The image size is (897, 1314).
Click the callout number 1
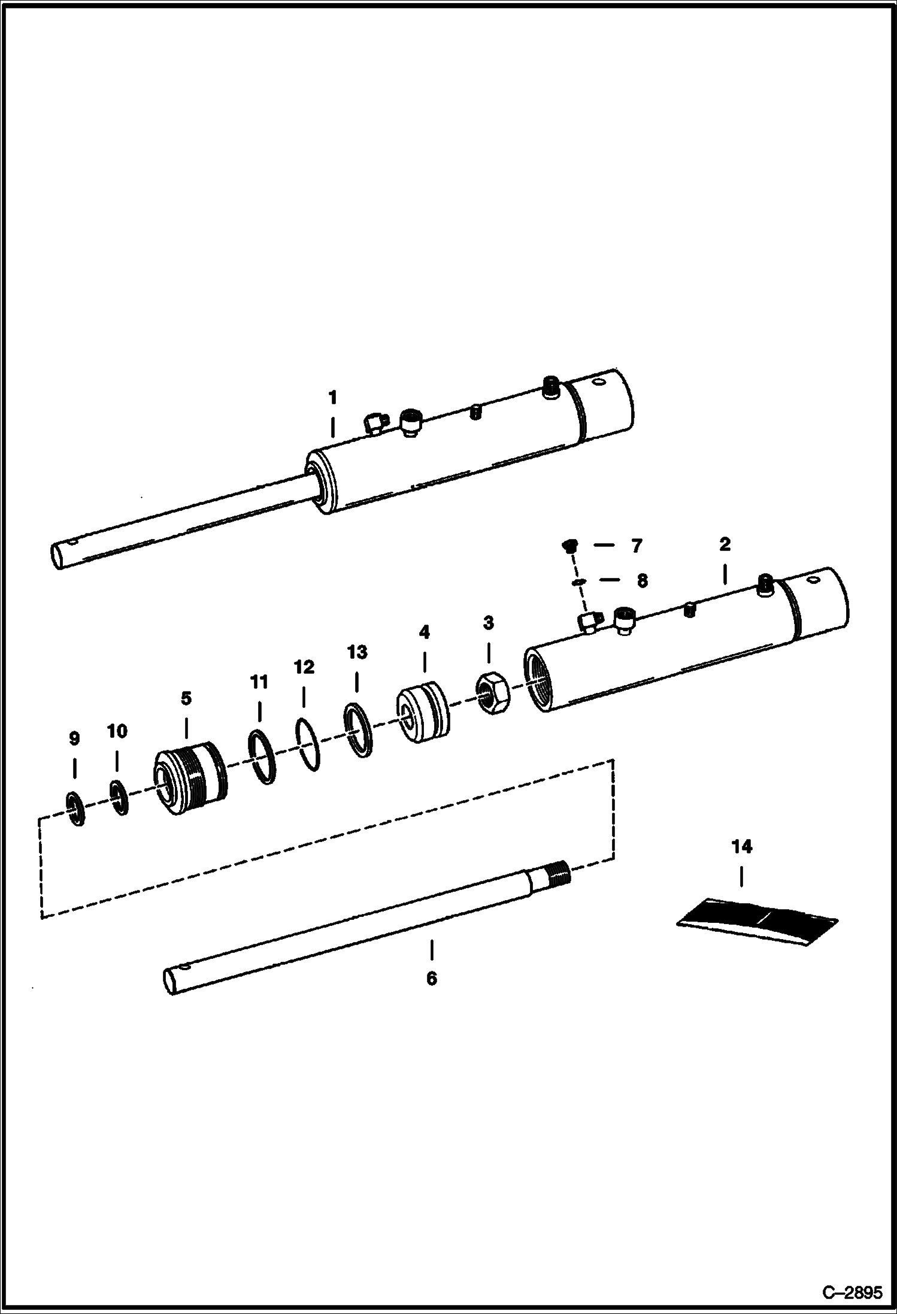(x=332, y=398)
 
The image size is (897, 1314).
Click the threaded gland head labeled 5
(x=190, y=778)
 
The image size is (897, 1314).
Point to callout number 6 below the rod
(x=431, y=979)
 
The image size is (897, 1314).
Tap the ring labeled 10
(x=119, y=797)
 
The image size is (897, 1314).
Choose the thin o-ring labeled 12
(x=308, y=744)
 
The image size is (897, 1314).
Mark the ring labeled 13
(x=358, y=730)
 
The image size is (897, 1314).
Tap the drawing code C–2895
(x=852, y=1292)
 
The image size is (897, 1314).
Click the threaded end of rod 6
(x=556, y=875)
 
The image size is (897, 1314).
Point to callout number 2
(x=725, y=544)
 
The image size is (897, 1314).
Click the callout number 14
(x=741, y=847)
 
